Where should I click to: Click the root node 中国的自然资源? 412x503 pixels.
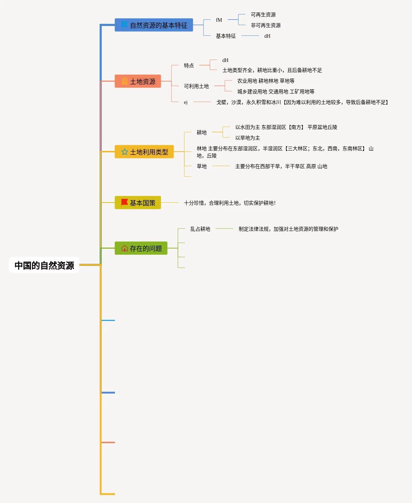click(x=44, y=265)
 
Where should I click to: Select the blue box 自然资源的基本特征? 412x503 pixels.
click(x=154, y=25)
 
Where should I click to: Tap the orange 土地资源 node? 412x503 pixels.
click(x=138, y=82)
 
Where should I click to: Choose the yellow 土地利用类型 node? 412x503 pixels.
click(x=144, y=152)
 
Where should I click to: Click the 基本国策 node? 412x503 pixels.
click(x=138, y=203)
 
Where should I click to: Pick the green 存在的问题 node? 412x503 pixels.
click(x=141, y=248)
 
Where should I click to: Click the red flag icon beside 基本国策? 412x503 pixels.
click(x=125, y=202)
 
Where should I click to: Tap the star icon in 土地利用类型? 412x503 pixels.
click(x=125, y=152)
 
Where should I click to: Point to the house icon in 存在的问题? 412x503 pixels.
click(x=125, y=248)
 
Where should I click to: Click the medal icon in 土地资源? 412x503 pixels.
click(x=125, y=82)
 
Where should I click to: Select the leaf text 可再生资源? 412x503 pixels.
click(x=263, y=15)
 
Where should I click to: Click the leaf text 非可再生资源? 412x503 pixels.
click(x=266, y=25)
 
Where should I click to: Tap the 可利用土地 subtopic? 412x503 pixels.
click(x=196, y=86)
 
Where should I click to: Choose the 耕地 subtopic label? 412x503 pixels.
click(x=202, y=132)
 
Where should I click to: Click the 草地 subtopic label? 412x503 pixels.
click(x=202, y=166)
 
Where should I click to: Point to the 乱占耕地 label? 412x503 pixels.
click(x=200, y=229)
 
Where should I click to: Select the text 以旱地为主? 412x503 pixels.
click(x=248, y=138)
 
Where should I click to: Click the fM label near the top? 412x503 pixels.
click(x=219, y=20)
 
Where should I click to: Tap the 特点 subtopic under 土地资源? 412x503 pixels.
click(x=189, y=66)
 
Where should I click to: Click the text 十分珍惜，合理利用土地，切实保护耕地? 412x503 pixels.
click(x=230, y=203)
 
